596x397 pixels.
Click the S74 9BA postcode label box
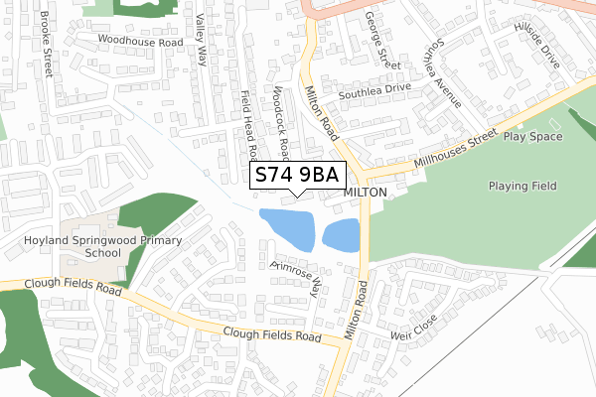point(296,176)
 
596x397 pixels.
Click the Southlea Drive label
point(373,87)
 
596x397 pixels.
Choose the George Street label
point(381,40)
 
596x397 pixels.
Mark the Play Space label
point(532,136)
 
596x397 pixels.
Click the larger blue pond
point(287,229)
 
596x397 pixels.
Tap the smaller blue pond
point(341,234)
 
